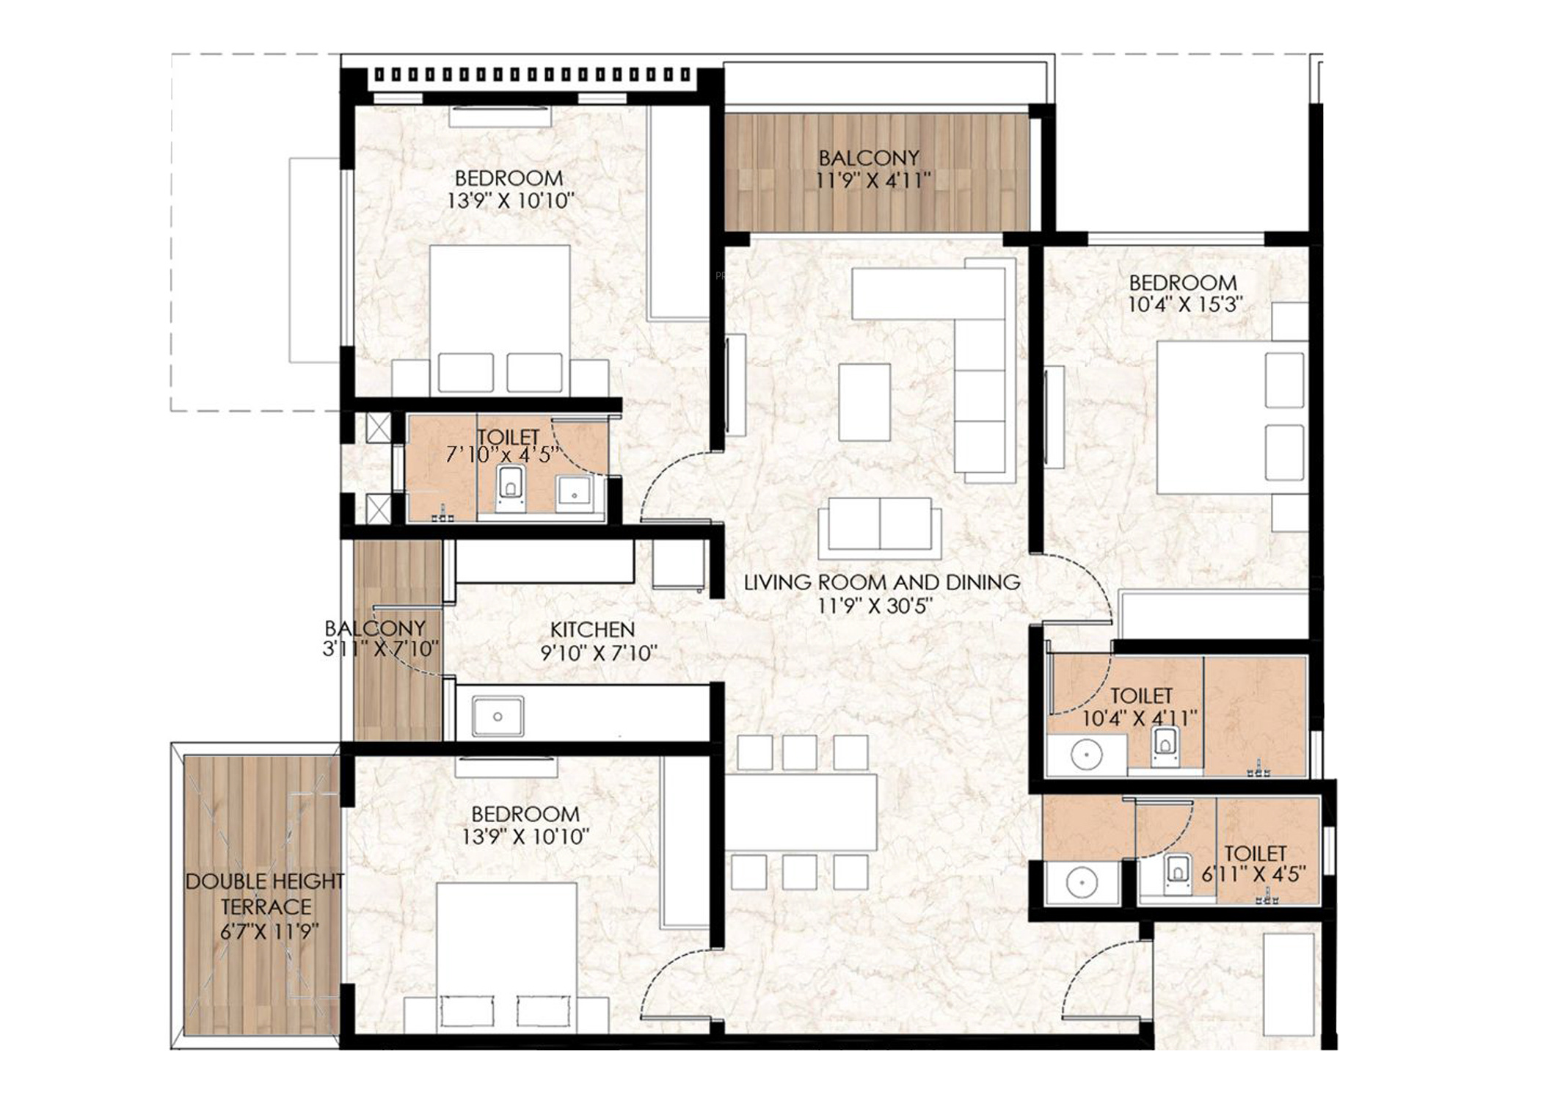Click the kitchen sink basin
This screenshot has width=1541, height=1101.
(498, 716)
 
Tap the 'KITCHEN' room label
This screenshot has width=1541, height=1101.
(592, 630)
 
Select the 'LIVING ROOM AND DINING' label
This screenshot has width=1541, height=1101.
(882, 583)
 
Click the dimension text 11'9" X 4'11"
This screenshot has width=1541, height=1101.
(873, 181)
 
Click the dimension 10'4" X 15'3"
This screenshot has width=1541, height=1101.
(1184, 305)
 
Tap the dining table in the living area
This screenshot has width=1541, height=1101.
(801, 813)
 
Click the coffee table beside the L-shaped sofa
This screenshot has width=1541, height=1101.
(864, 402)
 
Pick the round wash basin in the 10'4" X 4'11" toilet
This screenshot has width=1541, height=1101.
(1086, 755)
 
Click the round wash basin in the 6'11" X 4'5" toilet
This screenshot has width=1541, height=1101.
(1082, 883)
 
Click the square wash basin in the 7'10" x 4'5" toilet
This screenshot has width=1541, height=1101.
(575, 493)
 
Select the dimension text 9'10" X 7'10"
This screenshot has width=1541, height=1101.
(599, 653)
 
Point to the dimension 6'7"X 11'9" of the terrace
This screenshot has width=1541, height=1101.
(269, 932)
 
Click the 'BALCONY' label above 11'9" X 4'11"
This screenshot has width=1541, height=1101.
(869, 158)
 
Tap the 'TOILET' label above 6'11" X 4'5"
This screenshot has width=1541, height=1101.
(1256, 854)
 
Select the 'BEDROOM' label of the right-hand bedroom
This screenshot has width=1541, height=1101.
(1183, 283)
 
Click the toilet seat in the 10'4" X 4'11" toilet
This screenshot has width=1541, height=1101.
(1165, 747)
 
